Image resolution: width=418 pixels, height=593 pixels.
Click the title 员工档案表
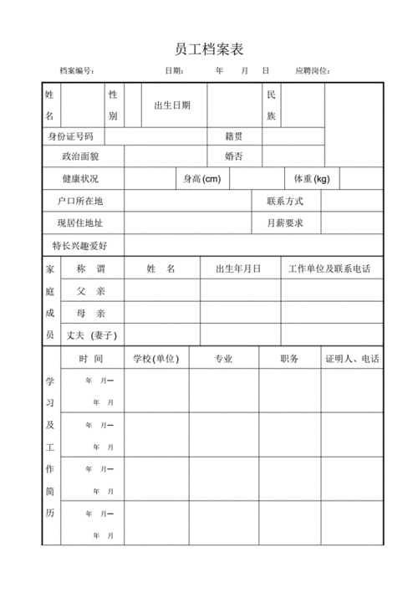click(x=209, y=48)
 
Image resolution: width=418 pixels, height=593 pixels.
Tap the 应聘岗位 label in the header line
click(x=313, y=71)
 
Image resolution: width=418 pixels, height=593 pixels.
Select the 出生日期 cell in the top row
click(x=173, y=105)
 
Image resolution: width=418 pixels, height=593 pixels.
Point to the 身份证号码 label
click(x=71, y=135)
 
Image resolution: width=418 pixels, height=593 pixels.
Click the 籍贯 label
click(x=234, y=135)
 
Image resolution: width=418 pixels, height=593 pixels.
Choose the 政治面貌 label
click(x=80, y=156)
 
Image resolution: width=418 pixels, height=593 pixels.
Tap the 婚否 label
click(x=234, y=156)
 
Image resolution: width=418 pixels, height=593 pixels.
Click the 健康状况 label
click(x=80, y=179)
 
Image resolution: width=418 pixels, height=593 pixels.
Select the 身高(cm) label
click(x=202, y=179)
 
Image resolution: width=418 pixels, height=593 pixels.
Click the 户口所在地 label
click(x=80, y=202)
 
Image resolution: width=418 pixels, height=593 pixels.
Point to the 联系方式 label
click(x=285, y=202)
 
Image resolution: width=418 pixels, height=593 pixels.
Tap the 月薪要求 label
click(x=285, y=223)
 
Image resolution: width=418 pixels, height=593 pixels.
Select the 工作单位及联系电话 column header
click(x=329, y=268)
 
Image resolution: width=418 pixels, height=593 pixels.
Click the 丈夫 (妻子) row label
click(x=91, y=335)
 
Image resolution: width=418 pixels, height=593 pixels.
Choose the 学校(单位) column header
click(x=156, y=358)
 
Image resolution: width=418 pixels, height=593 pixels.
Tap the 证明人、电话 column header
click(x=352, y=358)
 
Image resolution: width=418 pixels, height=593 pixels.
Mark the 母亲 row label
click(x=91, y=313)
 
